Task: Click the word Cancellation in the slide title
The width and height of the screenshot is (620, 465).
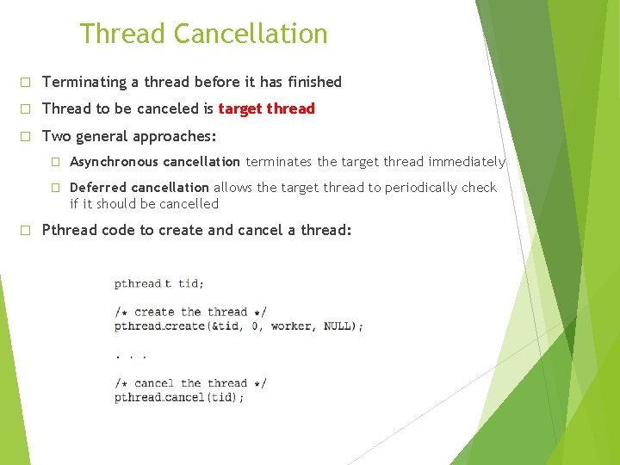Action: coord(250,34)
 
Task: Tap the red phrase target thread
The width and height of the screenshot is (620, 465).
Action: coord(266,109)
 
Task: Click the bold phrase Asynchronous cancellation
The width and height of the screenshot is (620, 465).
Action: coord(154,162)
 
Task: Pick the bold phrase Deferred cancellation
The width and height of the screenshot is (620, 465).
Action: coord(139,188)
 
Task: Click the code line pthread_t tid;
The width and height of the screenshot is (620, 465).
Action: coord(159,283)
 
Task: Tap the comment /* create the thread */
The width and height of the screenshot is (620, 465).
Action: coord(190,312)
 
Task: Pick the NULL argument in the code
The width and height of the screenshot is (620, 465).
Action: coord(338,326)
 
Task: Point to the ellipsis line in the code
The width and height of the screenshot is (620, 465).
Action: coord(131,355)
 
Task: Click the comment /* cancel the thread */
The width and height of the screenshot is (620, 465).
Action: coord(190,383)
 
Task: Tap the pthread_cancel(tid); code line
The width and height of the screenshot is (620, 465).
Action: coord(179,398)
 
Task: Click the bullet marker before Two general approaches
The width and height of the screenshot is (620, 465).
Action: coord(26,137)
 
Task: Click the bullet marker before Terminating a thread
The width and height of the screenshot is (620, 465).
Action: coord(26,83)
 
